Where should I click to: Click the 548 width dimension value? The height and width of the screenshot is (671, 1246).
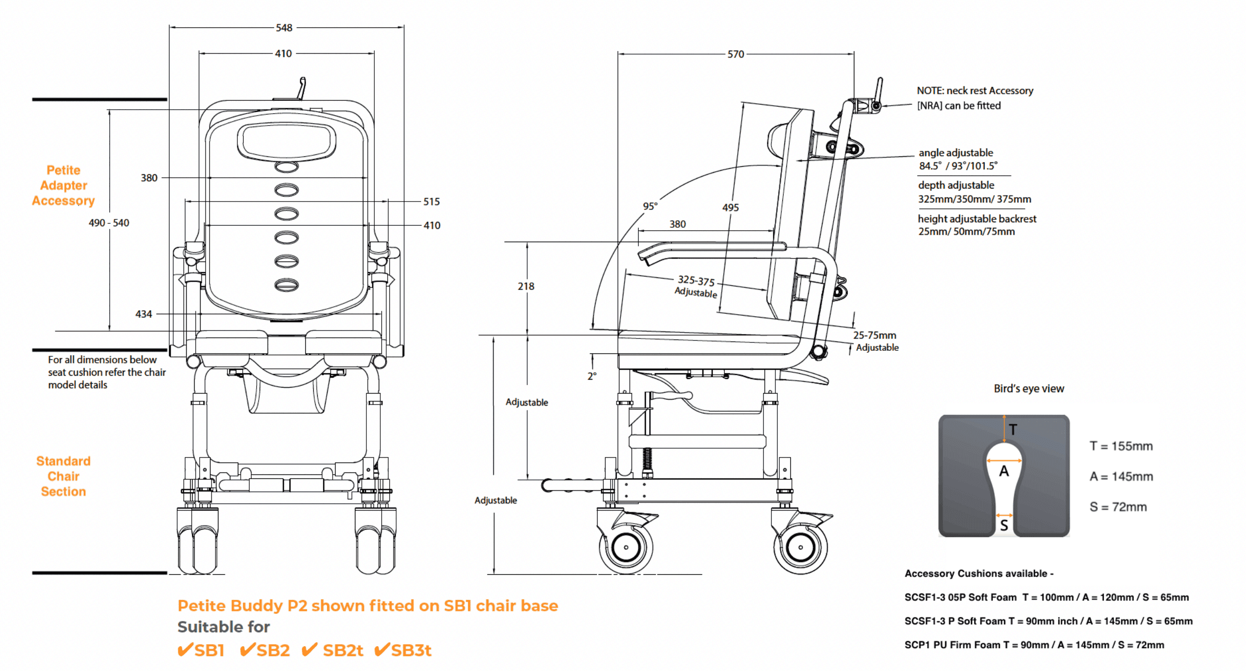coord(284,28)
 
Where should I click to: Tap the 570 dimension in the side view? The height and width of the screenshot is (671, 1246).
coord(736,54)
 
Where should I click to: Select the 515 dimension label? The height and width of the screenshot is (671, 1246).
coord(431,201)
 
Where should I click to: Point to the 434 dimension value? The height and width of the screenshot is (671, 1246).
coord(143,314)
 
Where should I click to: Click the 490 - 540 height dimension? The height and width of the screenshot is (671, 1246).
coord(109,223)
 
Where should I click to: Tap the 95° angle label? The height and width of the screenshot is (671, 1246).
coord(650,206)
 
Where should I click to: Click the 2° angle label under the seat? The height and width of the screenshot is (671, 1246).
coord(592,376)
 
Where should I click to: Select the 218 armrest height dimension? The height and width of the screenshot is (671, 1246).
coord(526,286)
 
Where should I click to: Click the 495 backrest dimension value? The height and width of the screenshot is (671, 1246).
coord(730,207)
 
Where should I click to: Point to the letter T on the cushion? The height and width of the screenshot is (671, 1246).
coord(1013,430)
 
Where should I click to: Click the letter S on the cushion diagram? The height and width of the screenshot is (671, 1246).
coord(1004,526)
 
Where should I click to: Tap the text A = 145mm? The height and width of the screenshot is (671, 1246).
coord(1121,476)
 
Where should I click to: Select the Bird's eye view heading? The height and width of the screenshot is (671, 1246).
coord(1029,389)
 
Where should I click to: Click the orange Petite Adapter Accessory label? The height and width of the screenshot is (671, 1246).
coord(64,185)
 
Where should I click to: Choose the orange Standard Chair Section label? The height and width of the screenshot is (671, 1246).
coord(64,476)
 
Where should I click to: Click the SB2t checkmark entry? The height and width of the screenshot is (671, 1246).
coord(333,650)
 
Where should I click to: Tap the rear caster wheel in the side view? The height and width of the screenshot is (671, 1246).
coord(800,547)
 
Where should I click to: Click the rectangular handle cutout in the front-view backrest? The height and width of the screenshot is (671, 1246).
coord(286,141)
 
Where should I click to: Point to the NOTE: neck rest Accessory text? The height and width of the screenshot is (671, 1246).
coord(974,91)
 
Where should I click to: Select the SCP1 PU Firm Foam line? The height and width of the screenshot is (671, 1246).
coord(1034,645)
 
